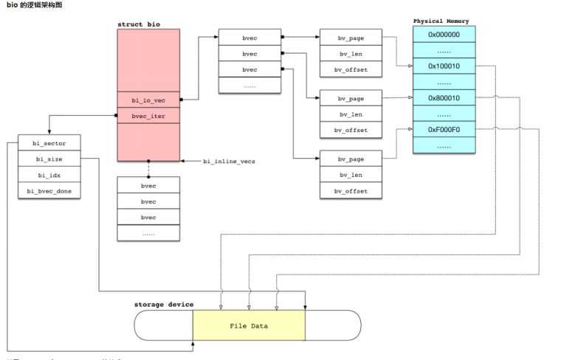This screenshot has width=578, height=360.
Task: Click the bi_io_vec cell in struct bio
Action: (x=148, y=100)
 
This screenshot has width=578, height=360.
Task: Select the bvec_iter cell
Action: (x=148, y=115)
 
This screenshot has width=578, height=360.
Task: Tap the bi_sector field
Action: (x=49, y=142)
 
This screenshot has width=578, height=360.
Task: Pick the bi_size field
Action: (x=49, y=159)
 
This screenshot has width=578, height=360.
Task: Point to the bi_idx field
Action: (x=49, y=175)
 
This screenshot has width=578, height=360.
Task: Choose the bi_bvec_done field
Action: (x=49, y=191)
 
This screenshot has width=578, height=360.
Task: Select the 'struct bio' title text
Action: (x=138, y=24)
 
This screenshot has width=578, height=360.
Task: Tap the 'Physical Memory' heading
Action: (x=441, y=21)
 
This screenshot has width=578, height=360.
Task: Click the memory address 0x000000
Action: (x=444, y=34)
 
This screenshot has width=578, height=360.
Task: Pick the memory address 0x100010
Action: (x=444, y=66)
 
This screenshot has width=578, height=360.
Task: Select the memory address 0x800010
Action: (x=444, y=98)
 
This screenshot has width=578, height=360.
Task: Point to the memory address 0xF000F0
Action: (x=444, y=130)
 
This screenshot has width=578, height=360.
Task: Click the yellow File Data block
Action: (x=249, y=325)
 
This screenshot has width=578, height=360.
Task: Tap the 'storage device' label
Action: (x=164, y=304)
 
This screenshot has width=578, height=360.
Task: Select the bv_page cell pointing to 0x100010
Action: (x=351, y=37)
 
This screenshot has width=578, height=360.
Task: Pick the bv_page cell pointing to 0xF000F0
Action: (x=351, y=159)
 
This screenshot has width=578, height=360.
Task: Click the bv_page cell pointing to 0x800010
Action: (x=351, y=98)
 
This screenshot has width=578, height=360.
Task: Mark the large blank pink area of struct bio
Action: (x=148, y=59)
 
